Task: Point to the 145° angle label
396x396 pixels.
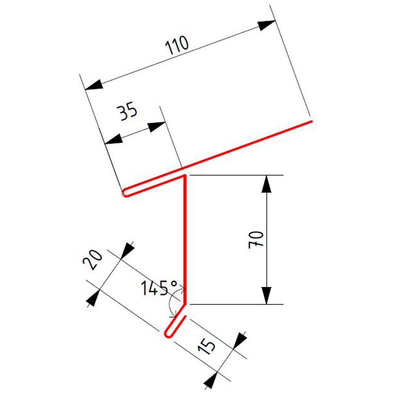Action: pyautogui.click(x=160, y=288)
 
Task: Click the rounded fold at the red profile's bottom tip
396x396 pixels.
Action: pyautogui.click(x=168, y=334)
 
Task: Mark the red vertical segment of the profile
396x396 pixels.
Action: pyautogui.click(x=185, y=238)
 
